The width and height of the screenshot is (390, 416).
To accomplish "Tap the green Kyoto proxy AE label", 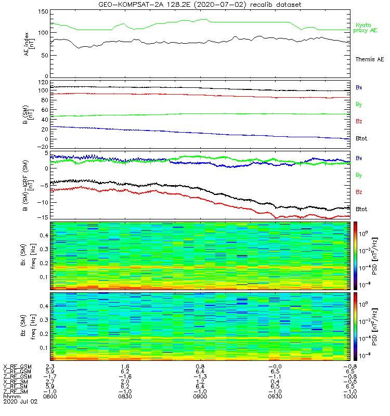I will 367,28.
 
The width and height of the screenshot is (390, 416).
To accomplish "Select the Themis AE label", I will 369,60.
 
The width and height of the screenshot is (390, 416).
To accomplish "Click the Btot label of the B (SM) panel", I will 361,139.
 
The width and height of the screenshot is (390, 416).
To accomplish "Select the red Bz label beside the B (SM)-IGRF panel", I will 359,192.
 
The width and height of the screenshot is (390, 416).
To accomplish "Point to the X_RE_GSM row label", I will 17,366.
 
